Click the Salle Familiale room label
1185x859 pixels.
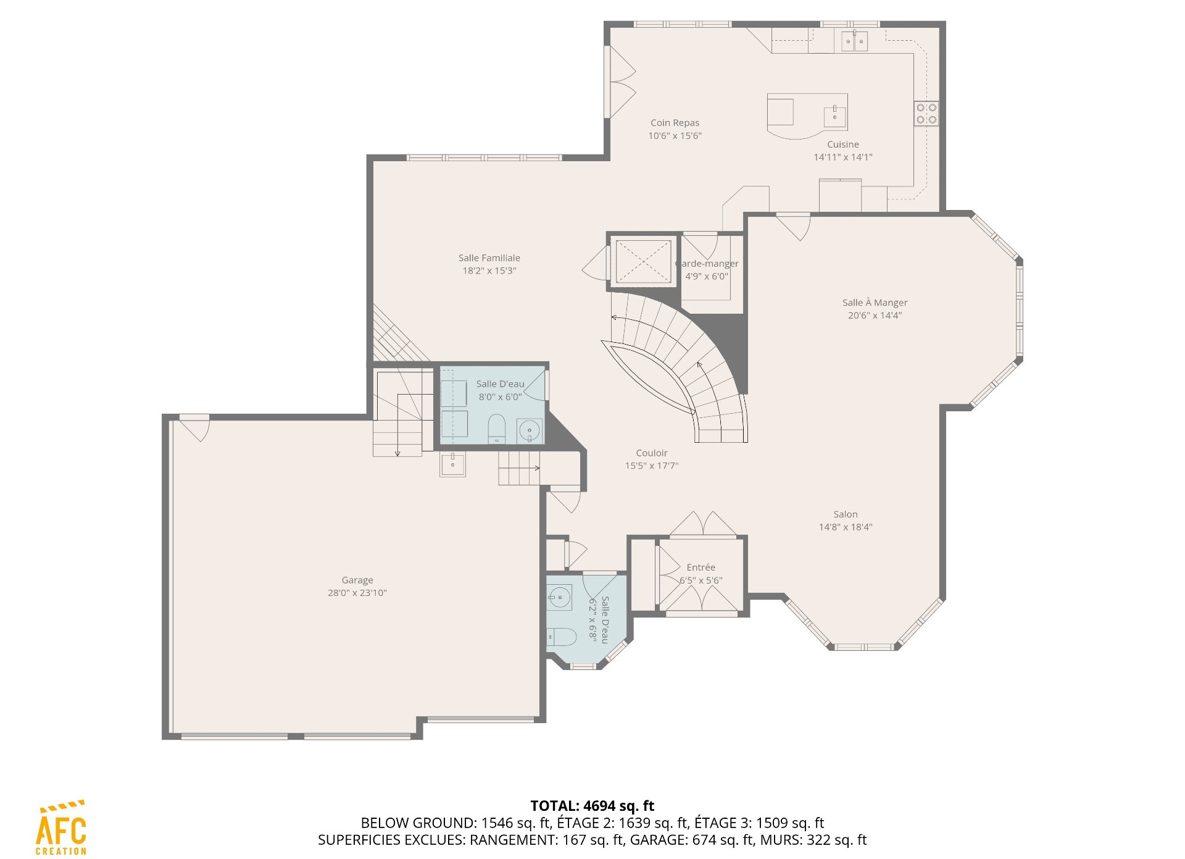click(x=489, y=258)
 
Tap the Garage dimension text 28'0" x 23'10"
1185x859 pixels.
click(x=357, y=593)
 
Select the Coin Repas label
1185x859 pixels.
click(x=675, y=123)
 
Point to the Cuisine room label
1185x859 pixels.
click(x=843, y=145)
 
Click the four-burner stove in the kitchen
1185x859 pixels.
click(x=926, y=114)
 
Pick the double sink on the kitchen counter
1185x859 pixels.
click(x=854, y=41)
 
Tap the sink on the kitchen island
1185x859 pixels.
click(x=835, y=116)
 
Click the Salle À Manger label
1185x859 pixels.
click(x=875, y=303)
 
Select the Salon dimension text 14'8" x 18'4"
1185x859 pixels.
click(x=845, y=527)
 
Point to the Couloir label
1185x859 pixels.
click(x=652, y=453)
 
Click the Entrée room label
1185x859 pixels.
click(x=701, y=568)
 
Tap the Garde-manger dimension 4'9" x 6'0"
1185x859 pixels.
click(x=707, y=277)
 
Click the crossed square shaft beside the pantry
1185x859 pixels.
click(x=643, y=262)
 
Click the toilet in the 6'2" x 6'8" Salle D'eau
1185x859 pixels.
click(x=561, y=637)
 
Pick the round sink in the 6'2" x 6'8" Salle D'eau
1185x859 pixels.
click(x=559, y=597)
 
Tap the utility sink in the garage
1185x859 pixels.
click(x=452, y=464)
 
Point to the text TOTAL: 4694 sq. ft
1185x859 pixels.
click(x=592, y=806)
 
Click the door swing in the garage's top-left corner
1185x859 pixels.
click(x=195, y=427)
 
